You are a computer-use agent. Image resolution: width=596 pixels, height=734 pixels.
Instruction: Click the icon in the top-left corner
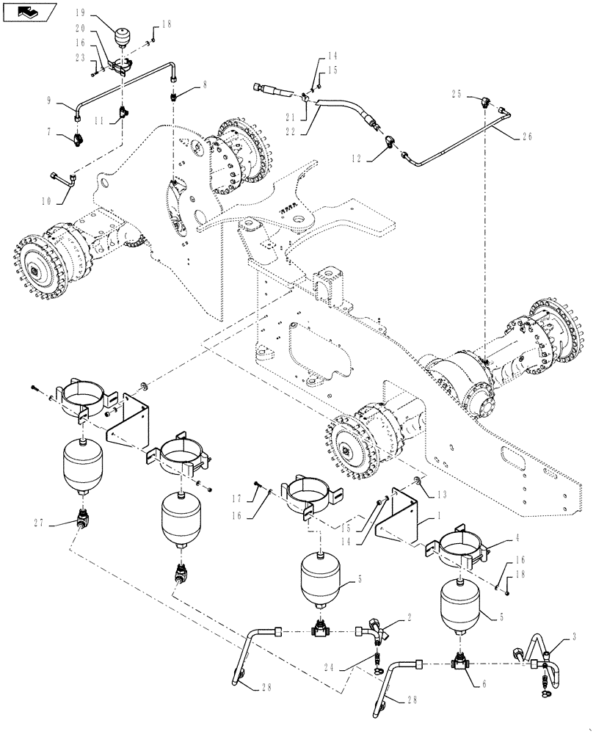coord(28,11)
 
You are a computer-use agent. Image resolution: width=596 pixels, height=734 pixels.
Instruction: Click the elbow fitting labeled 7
coord(76,136)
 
